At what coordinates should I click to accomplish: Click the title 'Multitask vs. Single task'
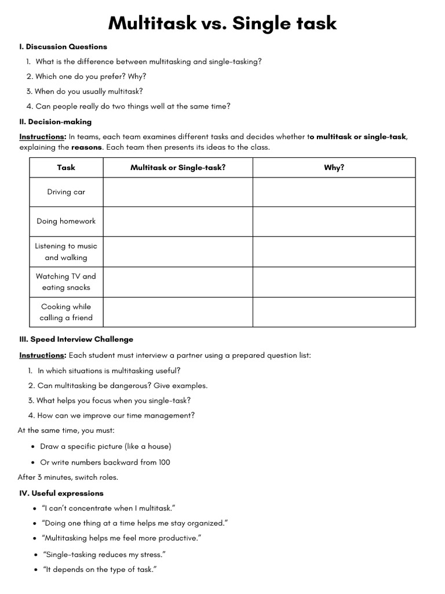(x=222, y=23)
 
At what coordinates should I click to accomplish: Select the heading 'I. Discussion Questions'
(x=63, y=46)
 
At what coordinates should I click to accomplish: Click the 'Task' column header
(x=66, y=168)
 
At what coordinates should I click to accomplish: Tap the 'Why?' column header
(x=334, y=168)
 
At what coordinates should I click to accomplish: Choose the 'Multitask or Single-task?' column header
(x=178, y=168)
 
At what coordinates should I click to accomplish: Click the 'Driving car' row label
(x=66, y=192)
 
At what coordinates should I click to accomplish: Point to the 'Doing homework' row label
(x=66, y=221)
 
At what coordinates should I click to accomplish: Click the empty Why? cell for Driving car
(x=334, y=192)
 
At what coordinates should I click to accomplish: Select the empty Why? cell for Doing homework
(x=334, y=221)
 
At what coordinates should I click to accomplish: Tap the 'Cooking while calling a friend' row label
(x=66, y=312)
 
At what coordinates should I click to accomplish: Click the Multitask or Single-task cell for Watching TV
(x=178, y=282)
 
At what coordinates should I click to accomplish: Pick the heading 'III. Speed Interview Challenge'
(x=76, y=339)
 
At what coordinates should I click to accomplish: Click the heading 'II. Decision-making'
(x=55, y=122)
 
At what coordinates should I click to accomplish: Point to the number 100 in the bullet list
(x=163, y=462)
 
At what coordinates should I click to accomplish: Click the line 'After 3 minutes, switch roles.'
(x=68, y=477)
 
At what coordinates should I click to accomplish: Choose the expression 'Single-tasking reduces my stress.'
(x=104, y=554)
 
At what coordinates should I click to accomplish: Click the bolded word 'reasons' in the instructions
(x=86, y=147)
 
